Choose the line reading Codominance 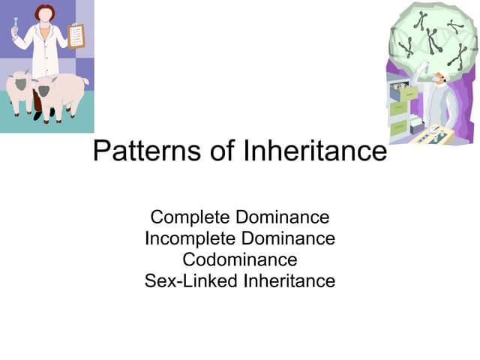point(240,260)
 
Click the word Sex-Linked point(191,281)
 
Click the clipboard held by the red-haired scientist point(76,34)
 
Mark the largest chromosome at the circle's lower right point(457,57)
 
